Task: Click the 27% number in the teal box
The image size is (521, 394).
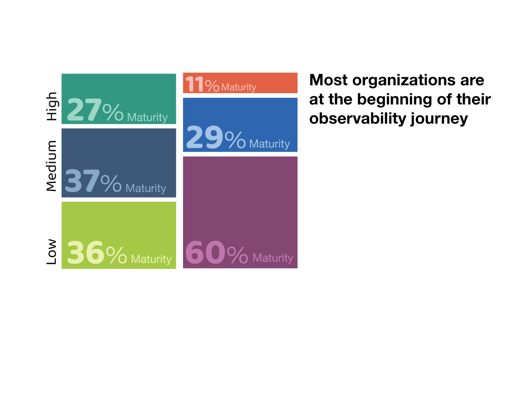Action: coord(95,109)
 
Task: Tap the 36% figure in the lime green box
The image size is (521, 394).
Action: coord(97,252)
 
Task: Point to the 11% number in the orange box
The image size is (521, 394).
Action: coord(202,84)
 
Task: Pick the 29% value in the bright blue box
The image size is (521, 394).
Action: coord(216,137)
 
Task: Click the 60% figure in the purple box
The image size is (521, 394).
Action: coord(217,252)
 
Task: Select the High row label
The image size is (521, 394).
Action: coord(51,106)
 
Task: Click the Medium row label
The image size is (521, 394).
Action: coord(51,166)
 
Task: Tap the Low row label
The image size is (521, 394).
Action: coord(51,251)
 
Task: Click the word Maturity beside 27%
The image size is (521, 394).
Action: coord(147,117)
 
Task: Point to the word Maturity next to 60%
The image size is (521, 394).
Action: coord(273,258)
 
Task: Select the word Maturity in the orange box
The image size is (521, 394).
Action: coord(239,87)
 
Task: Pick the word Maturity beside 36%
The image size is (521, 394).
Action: coord(151,259)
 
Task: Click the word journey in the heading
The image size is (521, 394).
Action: coord(439,119)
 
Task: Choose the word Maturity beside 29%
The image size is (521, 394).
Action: coord(270,144)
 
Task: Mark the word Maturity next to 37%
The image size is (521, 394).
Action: coord(146,188)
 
